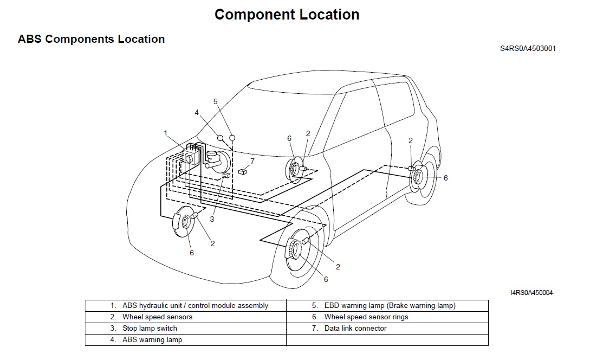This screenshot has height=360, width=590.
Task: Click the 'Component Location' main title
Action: point(287,15)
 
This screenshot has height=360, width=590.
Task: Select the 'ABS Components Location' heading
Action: point(92,39)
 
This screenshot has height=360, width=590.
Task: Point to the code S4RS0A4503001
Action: point(528,49)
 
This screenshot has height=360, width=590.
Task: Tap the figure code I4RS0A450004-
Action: point(533,293)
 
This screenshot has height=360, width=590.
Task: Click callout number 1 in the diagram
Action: point(165,133)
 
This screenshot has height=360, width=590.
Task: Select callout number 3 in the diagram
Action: point(212,219)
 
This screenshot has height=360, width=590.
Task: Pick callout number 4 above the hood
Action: point(197,113)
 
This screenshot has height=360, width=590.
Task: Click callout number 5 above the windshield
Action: point(215,101)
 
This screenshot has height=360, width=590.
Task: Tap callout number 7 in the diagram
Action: point(252,161)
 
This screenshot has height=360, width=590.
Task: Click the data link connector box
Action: point(243,172)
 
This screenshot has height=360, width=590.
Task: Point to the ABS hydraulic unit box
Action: point(190,157)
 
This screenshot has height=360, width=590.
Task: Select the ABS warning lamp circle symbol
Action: point(220,138)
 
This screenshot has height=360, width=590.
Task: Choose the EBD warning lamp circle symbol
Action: point(232,138)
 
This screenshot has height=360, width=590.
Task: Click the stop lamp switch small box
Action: point(226,175)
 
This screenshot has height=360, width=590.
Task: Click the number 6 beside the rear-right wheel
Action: point(445,178)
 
